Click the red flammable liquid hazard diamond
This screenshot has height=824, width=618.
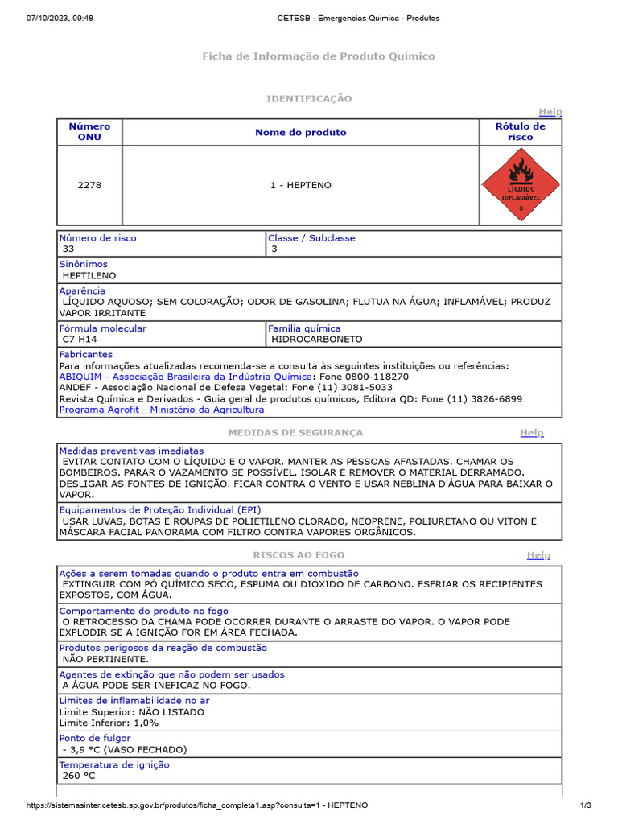[x=520, y=186]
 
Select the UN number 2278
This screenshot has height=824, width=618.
[x=89, y=185]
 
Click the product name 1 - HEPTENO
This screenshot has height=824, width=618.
[x=300, y=185]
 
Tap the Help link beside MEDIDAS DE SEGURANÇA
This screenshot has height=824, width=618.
[x=531, y=432]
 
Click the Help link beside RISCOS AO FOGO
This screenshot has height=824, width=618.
[x=538, y=555]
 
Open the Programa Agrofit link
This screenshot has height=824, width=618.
[x=162, y=410]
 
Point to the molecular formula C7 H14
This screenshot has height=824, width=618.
[x=80, y=340]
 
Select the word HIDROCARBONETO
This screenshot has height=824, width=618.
[x=317, y=340]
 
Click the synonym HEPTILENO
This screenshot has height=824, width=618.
[x=89, y=275]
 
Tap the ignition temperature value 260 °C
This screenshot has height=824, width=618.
[x=79, y=776]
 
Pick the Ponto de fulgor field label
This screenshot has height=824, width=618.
[x=95, y=738]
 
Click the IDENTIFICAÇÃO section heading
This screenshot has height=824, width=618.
[x=309, y=98]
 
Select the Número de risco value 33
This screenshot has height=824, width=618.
[x=68, y=249]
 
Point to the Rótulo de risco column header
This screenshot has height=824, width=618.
[x=520, y=131]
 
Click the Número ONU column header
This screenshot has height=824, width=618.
[x=89, y=131]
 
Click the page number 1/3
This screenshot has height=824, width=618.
[x=586, y=805]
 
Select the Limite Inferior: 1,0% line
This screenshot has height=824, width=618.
[x=109, y=723]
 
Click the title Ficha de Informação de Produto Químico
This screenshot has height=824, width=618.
[x=318, y=56]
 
